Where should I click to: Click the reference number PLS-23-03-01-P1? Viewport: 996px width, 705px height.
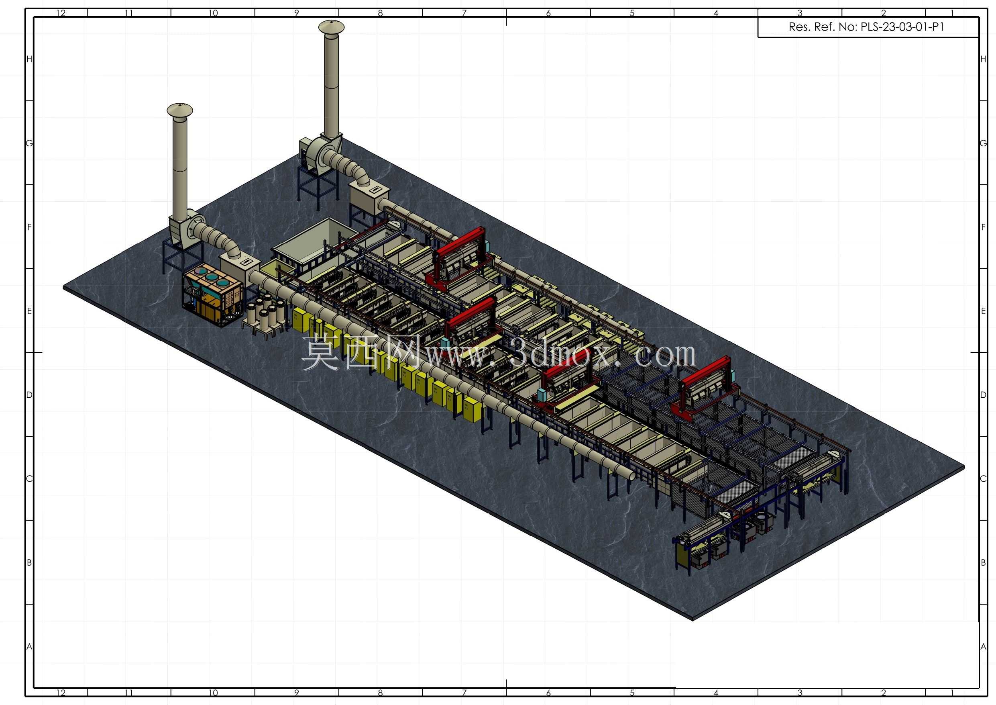click(x=902, y=27)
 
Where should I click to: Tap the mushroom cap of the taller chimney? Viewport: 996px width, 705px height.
click(x=332, y=27)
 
